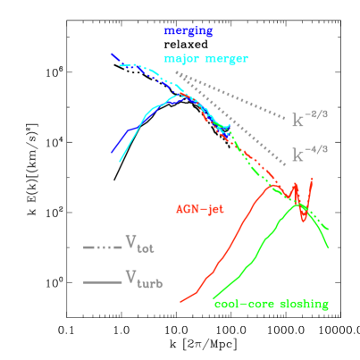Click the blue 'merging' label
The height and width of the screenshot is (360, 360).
tap(188, 30)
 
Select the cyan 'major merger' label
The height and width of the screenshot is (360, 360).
tap(205, 59)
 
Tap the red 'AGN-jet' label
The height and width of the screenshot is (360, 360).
tap(198, 210)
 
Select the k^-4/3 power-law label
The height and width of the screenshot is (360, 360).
tap(310, 155)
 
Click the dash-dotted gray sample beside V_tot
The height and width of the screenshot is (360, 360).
tap(102, 247)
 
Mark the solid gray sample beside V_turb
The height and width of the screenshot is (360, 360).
tap(102, 282)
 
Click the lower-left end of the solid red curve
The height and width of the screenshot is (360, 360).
tap(181, 301)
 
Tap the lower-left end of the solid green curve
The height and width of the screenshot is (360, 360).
tap(213, 298)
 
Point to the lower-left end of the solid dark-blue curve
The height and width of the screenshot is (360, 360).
tap(112, 153)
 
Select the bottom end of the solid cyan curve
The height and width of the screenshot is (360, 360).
tap(120, 162)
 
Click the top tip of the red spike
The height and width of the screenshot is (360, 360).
tap(311, 178)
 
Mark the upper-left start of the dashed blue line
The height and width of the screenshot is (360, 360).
tap(111, 54)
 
